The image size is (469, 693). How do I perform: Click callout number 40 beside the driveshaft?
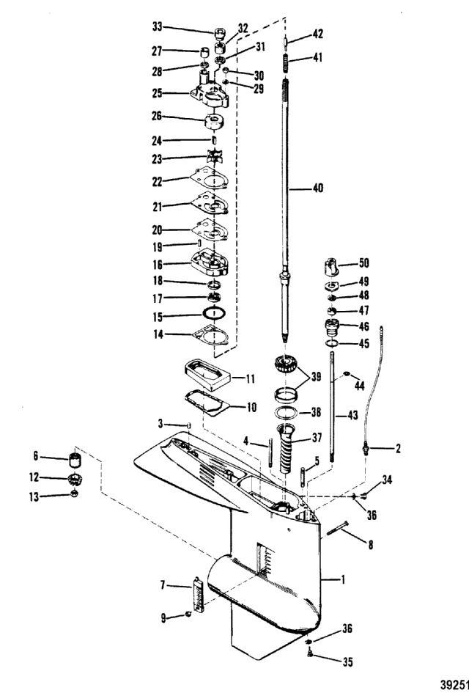[318, 188]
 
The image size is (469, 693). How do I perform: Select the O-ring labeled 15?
[214, 313]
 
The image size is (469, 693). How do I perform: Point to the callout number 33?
[158, 26]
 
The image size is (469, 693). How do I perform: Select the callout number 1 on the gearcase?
[344, 579]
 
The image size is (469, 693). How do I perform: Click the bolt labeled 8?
[338, 529]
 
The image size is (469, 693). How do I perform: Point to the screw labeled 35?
[310, 653]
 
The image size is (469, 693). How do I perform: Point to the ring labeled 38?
[286, 413]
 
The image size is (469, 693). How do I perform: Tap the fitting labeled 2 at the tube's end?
[366, 449]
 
